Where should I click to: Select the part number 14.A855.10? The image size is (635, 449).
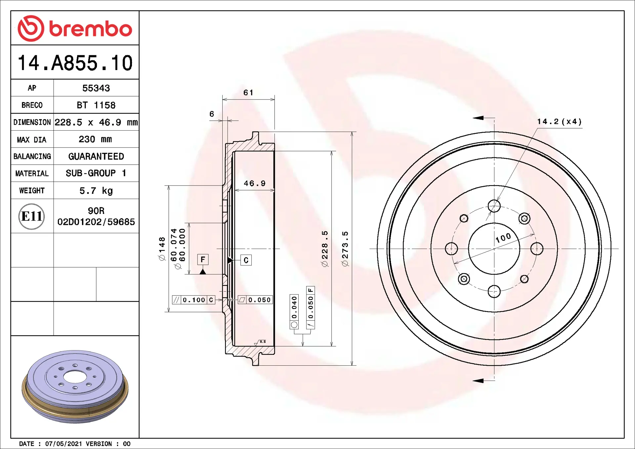pyautogui.click(x=75, y=63)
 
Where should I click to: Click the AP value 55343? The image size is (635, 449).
pyautogui.click(x=96, y=88)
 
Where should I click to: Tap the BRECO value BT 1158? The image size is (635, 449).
pyautogui.click(x=96, y=105)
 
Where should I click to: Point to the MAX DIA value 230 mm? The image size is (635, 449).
pyautogui.click(x=95, y=139)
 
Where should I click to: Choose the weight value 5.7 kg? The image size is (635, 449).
pyautogui.click(x=96, y=190)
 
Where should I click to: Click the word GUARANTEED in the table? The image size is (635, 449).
pyautogui.click(x=96, y=156)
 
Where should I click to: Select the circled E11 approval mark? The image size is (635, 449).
pyautogui.click(x=32, y=216)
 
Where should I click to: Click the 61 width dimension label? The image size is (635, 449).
pyautogui.click(x=248, y=93)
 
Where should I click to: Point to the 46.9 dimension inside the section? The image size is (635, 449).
pyautogui.click(x=255, y=184)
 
